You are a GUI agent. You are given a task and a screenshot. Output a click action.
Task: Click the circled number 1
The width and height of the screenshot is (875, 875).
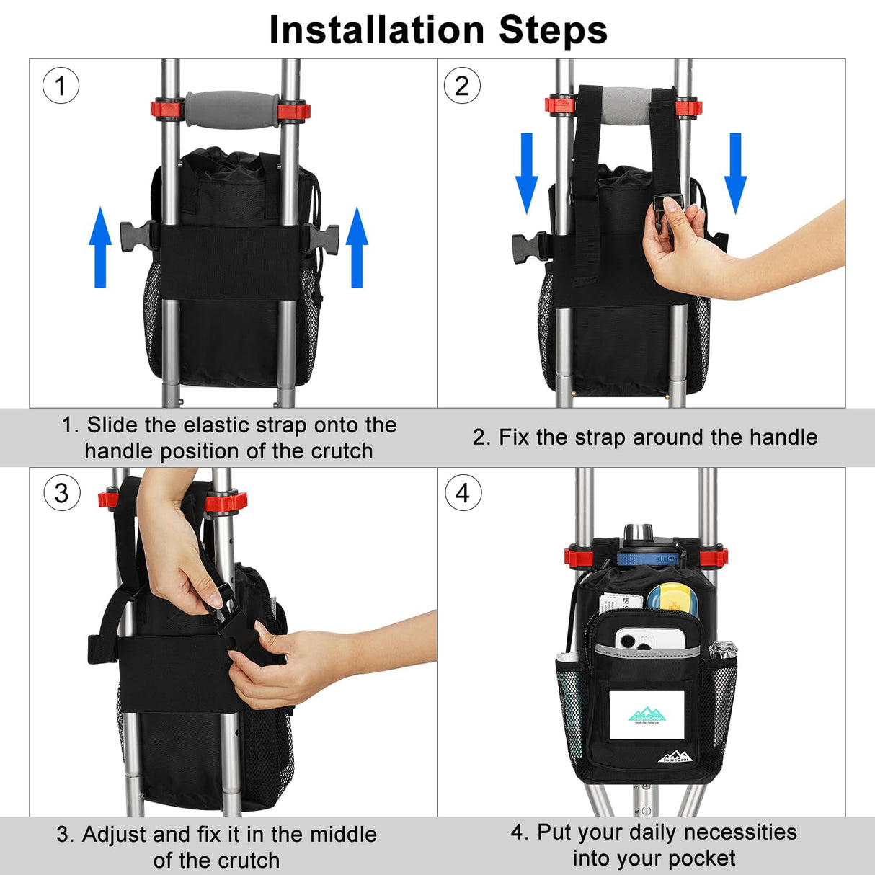click(61, 86)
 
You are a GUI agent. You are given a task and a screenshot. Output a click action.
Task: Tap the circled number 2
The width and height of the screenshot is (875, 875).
click(461, 86)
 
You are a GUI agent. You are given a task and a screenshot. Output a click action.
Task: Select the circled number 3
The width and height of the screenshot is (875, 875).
click(61, 494)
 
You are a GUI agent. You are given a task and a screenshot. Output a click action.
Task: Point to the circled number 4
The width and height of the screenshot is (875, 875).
click(463, 494)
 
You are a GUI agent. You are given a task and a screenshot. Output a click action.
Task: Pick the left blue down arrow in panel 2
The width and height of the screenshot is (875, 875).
click(527, 173)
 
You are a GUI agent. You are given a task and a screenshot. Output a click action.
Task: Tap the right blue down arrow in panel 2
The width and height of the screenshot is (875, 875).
click(735, 173)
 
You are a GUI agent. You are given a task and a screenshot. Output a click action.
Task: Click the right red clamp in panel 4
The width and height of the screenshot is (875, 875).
click(714, 556)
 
